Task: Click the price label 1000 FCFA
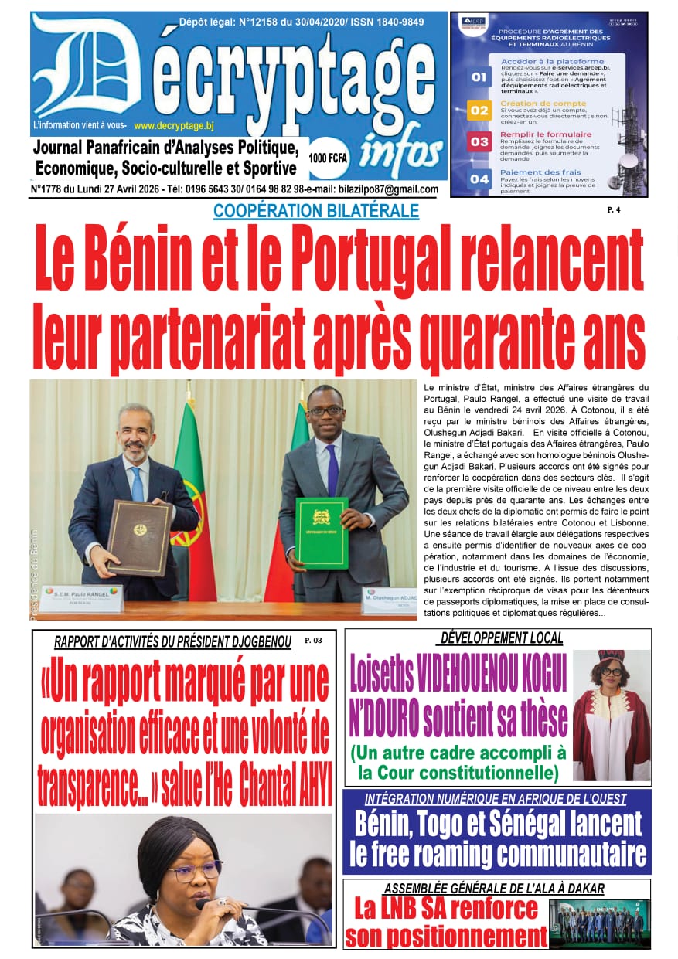(x=327, y=158)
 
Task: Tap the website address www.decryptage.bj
(x=173, y=125)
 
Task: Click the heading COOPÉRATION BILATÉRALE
(x=315, y=210)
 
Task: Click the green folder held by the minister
(x=321, y=532)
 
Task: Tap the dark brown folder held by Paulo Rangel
(x=139, y=537)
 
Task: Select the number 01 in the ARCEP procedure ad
(x=479, y=77)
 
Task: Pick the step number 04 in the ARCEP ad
(x=479, y=179)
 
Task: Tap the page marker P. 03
(x=312, y=641)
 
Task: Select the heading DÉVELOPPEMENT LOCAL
(x=501, y=638)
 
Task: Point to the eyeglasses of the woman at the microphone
(x=193, y=872)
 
